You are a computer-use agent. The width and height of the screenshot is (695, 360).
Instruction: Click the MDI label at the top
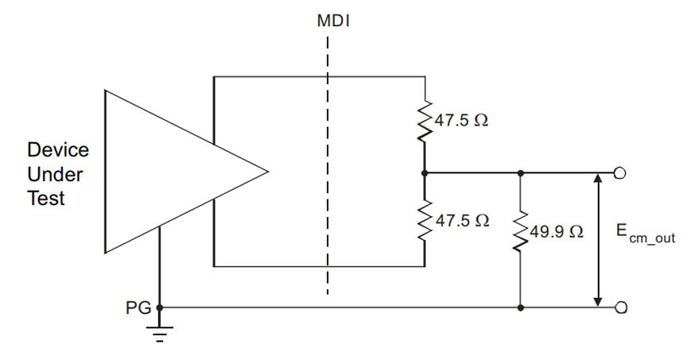[333, 21]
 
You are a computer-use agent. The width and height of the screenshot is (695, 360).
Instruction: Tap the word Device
[58, 149]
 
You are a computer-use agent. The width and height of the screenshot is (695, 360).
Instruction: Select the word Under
[55, 175]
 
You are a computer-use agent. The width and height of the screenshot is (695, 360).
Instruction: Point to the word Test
[46, 198]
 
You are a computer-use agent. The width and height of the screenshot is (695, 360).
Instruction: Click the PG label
[138, 308]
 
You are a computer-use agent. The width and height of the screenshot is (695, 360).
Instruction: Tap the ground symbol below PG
[160, 335]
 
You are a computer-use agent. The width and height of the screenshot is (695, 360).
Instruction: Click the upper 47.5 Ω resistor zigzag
[425, 121]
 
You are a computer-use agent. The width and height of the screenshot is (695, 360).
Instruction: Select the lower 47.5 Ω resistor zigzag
[425, 220]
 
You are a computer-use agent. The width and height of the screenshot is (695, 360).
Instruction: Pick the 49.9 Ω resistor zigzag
[520, 231]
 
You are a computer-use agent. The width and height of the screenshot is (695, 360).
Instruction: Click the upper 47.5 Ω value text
[461, 121]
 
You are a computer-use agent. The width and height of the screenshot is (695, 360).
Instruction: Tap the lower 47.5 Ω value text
[462, 220]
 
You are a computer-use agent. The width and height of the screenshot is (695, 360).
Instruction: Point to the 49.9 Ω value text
[557, 231]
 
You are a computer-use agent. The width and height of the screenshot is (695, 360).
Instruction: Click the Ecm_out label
[646, 234]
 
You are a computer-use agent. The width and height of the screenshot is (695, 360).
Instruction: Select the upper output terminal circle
[620, 172]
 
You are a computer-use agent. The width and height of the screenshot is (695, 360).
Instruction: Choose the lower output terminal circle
[621, 308]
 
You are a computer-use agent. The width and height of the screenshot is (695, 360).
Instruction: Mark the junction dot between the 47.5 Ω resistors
[424, 172]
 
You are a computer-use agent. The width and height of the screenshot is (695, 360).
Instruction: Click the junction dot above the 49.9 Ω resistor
[521, 172]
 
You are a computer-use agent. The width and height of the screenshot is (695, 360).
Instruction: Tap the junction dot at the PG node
[160, 308]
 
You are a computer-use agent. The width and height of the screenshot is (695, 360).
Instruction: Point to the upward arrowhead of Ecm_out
[598, 179]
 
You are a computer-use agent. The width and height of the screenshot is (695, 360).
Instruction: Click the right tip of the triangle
[268, 172]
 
